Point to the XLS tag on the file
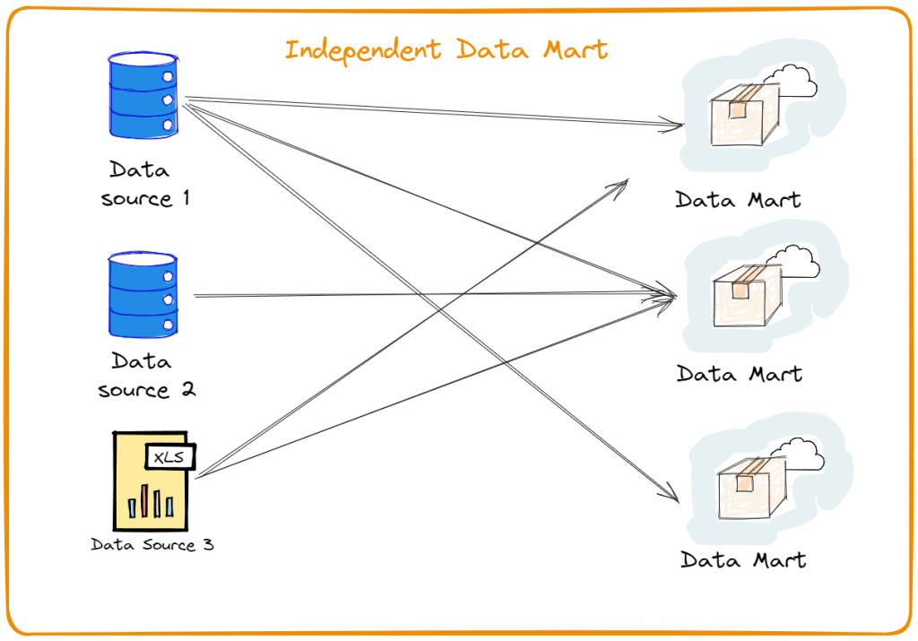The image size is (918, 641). tap(171, 457)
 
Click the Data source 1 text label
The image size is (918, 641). tap(145, 184)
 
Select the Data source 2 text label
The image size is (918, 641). tap(146, 376)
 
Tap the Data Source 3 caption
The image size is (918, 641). tap(152, 544)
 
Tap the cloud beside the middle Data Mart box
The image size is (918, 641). tap(794, 260)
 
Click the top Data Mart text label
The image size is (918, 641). tap(738, 199)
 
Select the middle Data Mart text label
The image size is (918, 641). tap(740, 373)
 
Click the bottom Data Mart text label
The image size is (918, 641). tap(743, 560)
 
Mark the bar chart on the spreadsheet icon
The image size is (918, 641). tap(150, 502)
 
